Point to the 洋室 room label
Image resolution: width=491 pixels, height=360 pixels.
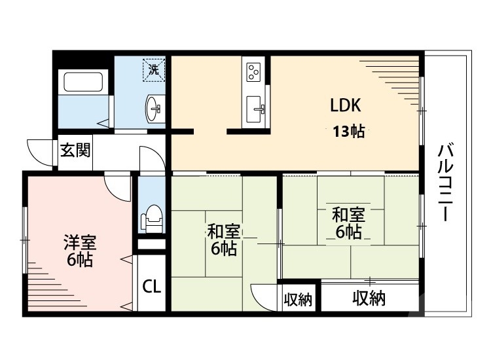(x=80, y=242)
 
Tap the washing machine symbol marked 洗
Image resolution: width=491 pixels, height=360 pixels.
(x=154, y=69)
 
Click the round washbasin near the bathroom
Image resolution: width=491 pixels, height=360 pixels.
(x=155, y=109)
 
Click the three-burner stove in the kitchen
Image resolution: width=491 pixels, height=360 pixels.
(x=254, y=70)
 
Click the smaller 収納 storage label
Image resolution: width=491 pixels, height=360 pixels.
(x=298, y=300)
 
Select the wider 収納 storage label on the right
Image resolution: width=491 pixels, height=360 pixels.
(x=369, y=299)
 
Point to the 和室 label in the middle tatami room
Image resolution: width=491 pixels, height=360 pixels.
(x=224, y=231)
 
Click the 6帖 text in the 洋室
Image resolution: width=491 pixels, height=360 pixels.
(x=80, y=260)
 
